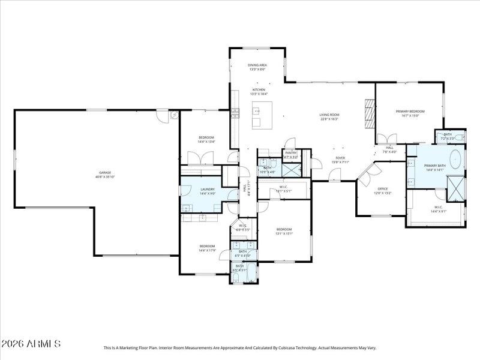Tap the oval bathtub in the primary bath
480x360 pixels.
point(455,161)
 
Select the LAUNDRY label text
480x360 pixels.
point(207,189)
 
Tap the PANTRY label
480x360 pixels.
point(291,152)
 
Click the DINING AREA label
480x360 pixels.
point(257,65)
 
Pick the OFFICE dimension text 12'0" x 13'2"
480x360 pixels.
point(383,193)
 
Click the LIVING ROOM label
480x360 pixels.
point(329,115)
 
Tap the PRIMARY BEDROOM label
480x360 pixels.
point(410,112)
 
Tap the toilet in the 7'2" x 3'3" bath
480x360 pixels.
point(460,138)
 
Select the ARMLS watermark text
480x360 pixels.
point(31,344)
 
